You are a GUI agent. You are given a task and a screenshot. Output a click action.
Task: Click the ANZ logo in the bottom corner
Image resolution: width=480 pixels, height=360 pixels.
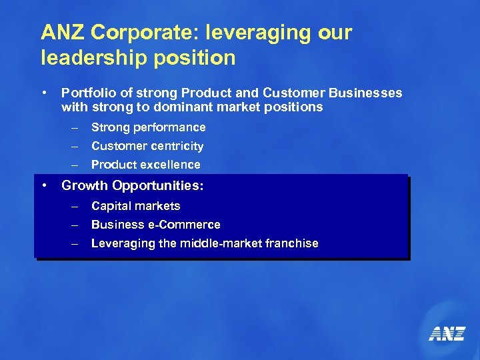click(x=447, y=333)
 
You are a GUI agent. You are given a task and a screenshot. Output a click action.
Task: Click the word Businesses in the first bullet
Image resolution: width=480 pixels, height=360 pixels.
click(x=368, y=93)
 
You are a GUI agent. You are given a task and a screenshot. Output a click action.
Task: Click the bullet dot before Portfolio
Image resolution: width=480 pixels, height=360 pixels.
click(x=43, y=93)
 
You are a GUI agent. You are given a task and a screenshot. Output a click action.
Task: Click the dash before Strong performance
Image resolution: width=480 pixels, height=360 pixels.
click(x=75, y=127)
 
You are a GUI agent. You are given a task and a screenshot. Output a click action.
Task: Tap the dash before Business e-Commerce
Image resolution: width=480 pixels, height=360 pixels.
click(x=75, y=225)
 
